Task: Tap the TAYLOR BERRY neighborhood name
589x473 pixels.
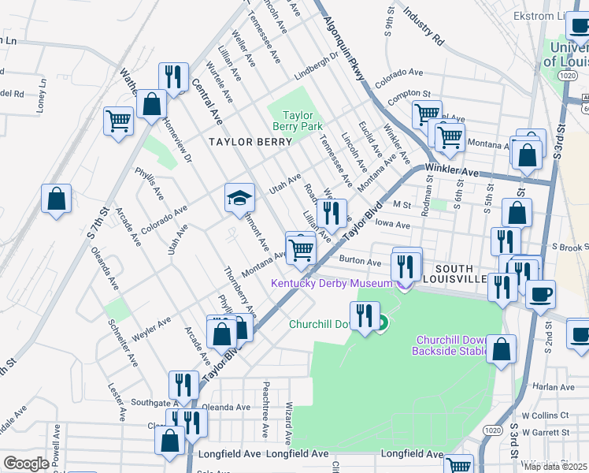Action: (x=250, y=142)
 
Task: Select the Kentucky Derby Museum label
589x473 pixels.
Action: (x=331, y=284)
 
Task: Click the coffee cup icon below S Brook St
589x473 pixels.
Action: (x=541, y=296)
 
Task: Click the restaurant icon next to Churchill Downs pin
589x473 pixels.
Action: (x=364, y=317)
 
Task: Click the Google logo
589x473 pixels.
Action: (x=26, y=464)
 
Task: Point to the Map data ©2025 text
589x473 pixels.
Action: (x=555, y=466)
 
